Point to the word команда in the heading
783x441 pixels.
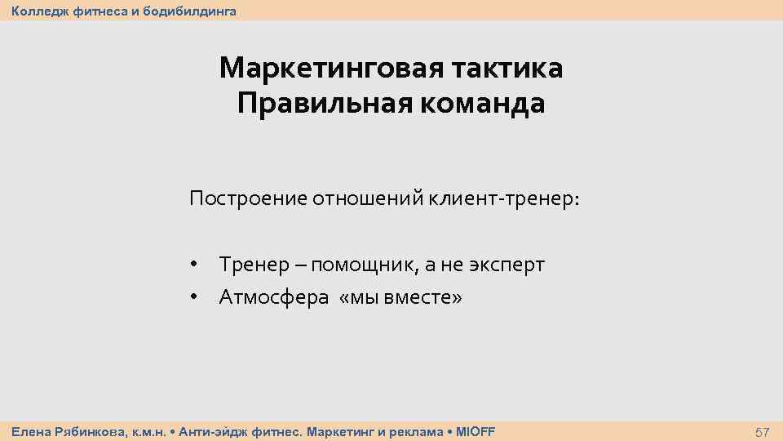(473, 105)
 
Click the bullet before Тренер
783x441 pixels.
(194, 265)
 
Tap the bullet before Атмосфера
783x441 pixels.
(194, 298)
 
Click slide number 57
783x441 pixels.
(762, 431)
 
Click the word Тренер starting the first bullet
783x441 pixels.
(253, 265)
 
